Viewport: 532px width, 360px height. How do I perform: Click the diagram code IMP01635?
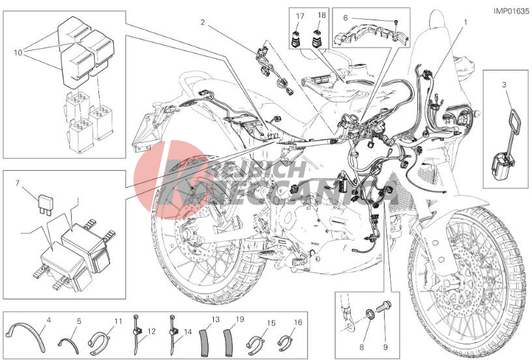click(511, 11)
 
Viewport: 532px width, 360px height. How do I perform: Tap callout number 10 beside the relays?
click(18, 53)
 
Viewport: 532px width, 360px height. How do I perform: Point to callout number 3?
click(504, 84)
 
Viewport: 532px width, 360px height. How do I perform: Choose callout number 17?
click(300, 16)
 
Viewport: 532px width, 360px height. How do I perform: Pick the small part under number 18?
click(318, 38)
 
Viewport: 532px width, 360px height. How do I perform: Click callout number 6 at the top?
click(346, 18)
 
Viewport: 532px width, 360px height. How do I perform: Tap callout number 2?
click(203, 22)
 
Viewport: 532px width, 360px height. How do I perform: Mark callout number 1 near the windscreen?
click(465, 22)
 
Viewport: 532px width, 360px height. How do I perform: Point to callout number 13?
click(216, 320)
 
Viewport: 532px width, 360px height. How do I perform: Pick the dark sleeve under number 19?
click(229, 340)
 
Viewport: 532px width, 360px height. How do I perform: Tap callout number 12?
click(151, 331)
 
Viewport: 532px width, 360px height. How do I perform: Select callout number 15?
click(271, 323)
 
